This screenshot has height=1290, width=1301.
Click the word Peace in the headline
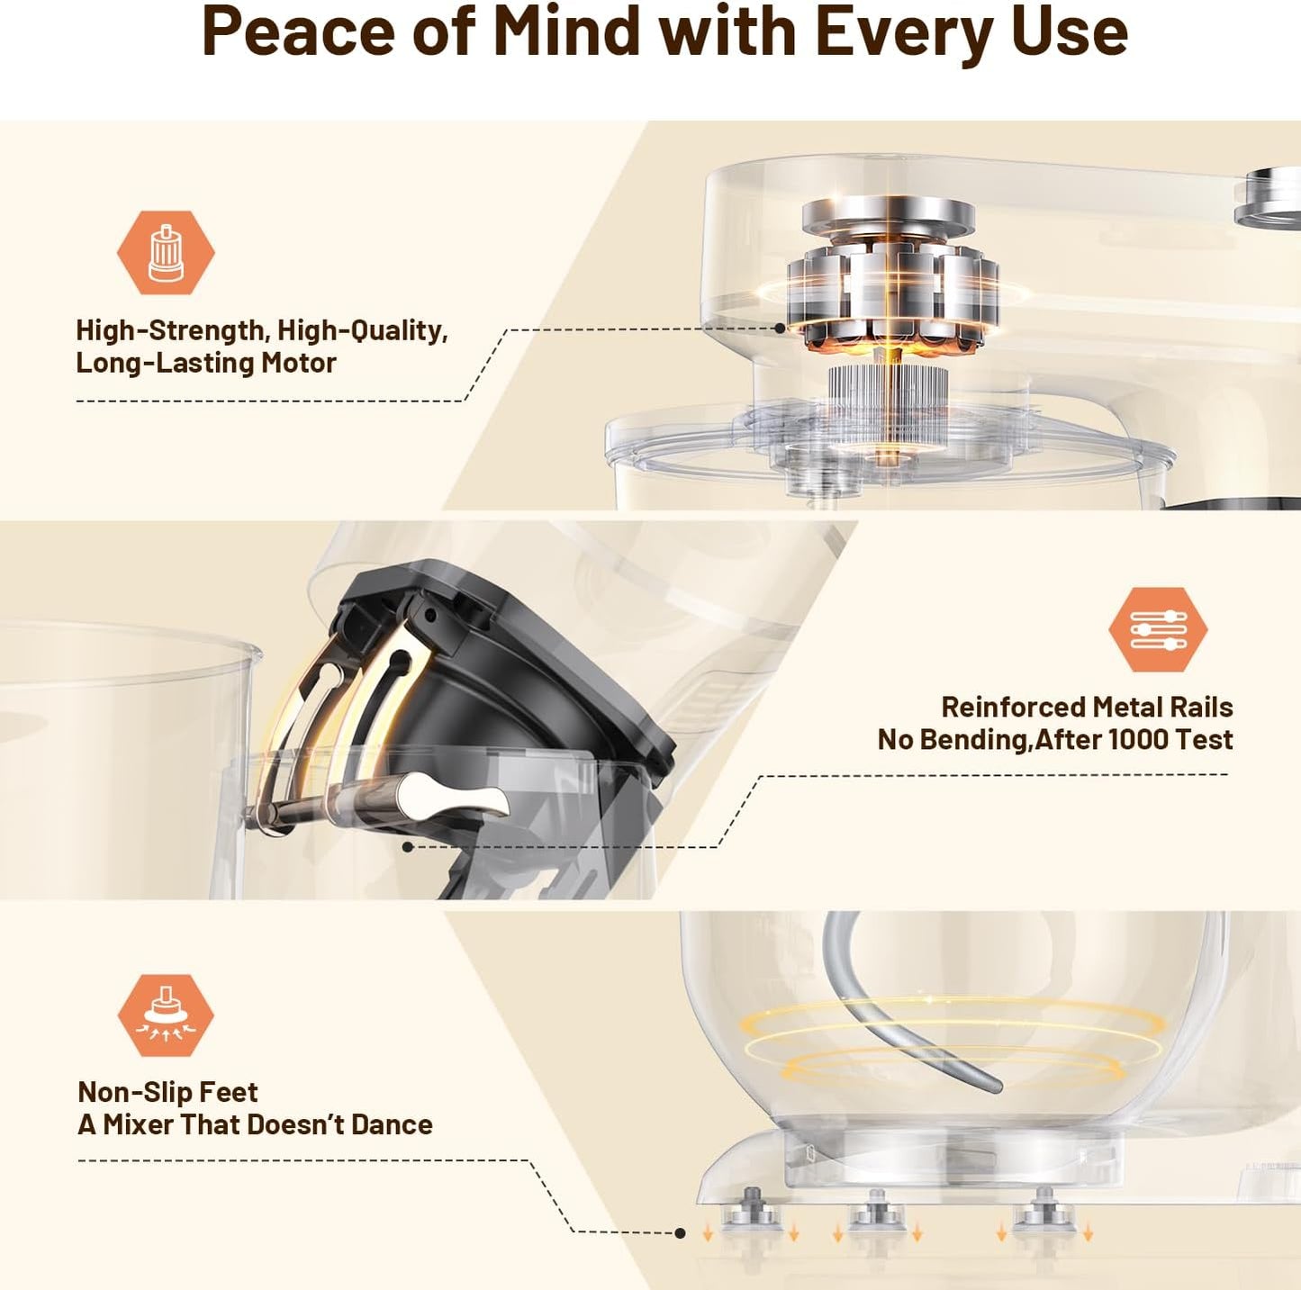click(297, 32)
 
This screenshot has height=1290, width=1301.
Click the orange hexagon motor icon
click(166, 253)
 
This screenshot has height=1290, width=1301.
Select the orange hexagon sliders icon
click(1158, 629)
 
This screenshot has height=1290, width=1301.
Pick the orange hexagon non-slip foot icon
click(166, 1015)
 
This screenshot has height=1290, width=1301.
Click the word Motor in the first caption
click(298, 363)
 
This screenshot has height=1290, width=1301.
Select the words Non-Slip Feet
click(167, 1092)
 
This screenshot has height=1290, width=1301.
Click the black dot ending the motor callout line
click(780, 329)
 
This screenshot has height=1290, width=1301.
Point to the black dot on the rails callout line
click(408, 847)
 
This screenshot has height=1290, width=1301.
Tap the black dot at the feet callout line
click(681, 1233)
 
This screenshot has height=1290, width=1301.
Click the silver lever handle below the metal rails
click(455, 798)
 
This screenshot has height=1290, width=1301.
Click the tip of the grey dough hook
click(996, 1087)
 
